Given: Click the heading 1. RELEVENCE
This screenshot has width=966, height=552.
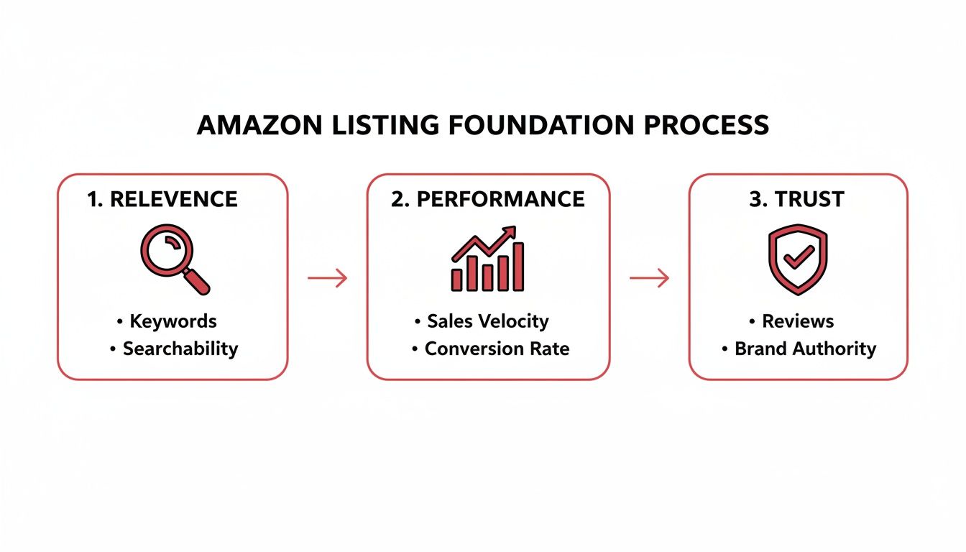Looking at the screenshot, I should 162,199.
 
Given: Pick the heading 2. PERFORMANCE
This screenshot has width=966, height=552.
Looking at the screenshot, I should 488,199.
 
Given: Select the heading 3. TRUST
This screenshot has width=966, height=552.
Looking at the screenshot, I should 798,199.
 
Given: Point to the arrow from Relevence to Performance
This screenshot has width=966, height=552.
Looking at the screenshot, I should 327,277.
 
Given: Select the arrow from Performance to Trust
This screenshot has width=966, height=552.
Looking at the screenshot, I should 649,277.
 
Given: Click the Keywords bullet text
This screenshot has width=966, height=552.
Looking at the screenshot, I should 173,321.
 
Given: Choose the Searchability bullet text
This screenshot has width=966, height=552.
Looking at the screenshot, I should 180,349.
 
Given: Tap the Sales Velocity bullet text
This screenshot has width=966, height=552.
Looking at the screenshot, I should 487,321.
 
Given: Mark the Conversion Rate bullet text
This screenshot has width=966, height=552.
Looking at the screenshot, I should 497,349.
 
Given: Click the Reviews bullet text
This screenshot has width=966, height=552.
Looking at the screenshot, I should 798,321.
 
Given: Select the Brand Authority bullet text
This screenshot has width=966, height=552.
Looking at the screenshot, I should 805,349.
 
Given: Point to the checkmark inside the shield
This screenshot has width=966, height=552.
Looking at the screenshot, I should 798,257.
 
